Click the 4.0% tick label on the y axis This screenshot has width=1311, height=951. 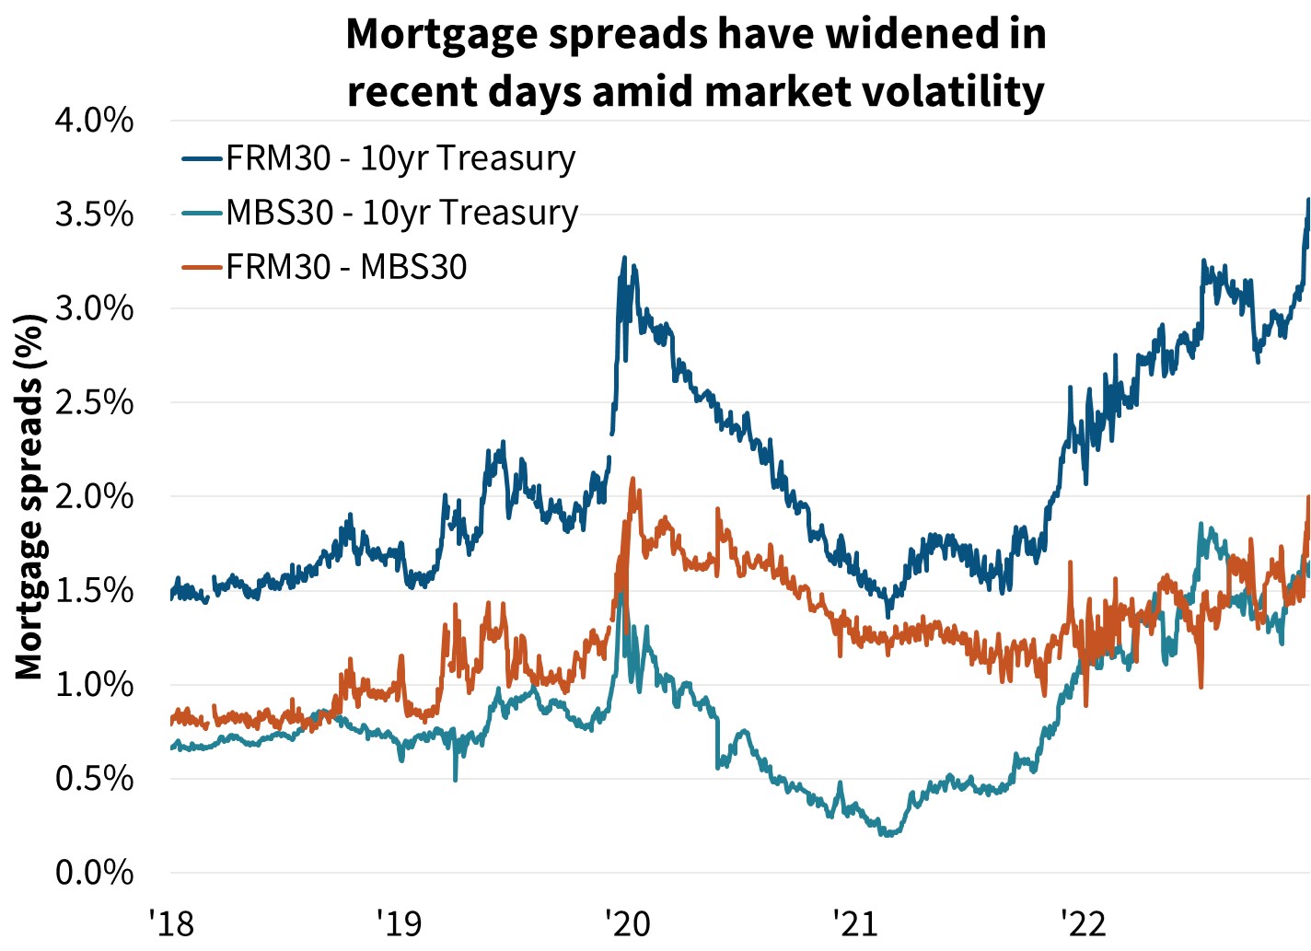pos(94,121)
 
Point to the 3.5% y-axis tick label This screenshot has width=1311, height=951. pos(94,215)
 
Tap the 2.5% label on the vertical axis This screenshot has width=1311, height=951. pos(94,402)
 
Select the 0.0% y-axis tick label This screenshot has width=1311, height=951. pos(94,872)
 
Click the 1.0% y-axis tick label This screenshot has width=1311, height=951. pos(94,684)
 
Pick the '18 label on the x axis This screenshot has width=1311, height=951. pos(171,922)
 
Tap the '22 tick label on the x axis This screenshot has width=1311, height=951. pos(1083,922)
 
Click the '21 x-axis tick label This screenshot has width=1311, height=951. pos(855,922)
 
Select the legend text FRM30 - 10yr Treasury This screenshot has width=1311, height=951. pos(400,158)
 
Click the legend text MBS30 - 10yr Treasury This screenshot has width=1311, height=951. pos(402,213)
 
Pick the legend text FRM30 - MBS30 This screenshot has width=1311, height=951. pos(347,267)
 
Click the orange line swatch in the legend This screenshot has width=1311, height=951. pos(202,268)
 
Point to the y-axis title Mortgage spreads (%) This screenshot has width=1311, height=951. pos(30,497)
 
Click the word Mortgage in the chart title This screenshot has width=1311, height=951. pos(434,34)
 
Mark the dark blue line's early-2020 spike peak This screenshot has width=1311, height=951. pos(624,258)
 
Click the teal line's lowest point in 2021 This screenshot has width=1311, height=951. pos(888,834)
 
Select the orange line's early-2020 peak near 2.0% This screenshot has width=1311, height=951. pos(632,479)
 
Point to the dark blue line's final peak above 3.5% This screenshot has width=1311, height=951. pos(1308,199)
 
